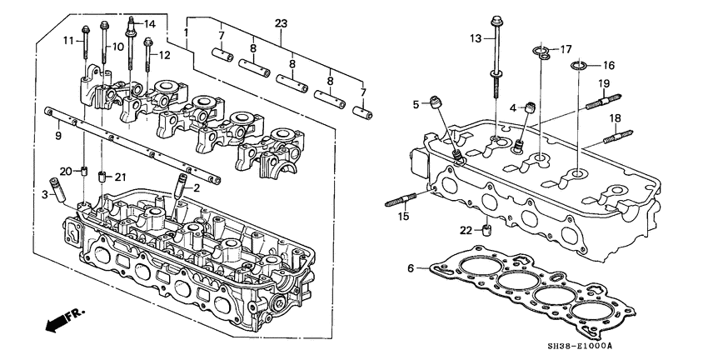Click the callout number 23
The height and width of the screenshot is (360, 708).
tap(281, 22)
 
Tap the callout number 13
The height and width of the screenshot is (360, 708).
tap(476, 38)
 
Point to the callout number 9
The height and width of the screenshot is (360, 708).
tap(58, 136)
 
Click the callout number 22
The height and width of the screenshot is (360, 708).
tap(466, 230)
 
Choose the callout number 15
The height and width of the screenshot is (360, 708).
tap(404, 217)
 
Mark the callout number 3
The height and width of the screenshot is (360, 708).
tap(46, 194)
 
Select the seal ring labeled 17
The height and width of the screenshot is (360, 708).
tap(541, 55)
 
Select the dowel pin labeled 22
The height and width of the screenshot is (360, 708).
tap(489, 229)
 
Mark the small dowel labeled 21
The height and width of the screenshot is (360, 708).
tap(102, 176)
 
